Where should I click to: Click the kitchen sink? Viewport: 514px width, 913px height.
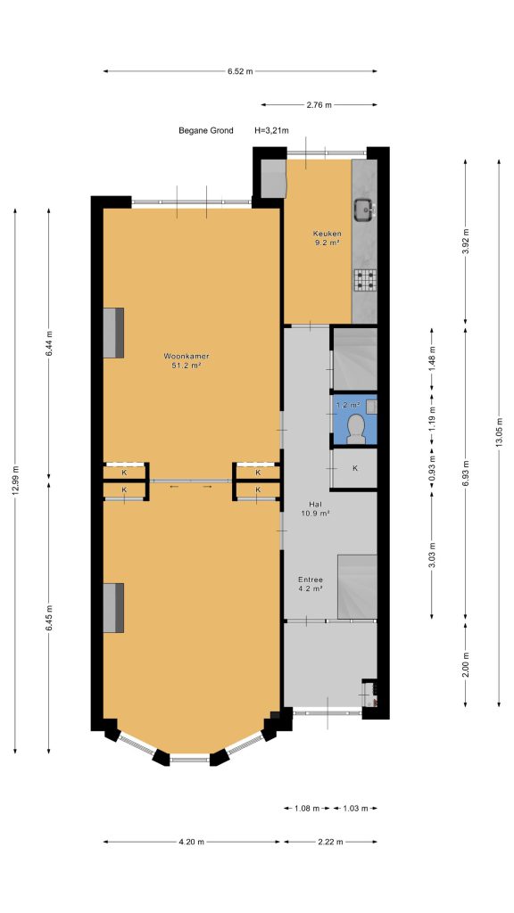365,210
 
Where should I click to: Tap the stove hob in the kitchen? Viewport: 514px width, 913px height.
365,281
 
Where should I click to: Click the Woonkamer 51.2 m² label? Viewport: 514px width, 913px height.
187,361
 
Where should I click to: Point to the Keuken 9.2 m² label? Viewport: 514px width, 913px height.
326,239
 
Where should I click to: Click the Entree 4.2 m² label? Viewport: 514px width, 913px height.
311,584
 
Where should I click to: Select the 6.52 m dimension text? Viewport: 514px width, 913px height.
240,71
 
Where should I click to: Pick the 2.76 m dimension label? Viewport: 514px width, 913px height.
319,105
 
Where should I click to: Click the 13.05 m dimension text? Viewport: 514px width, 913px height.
499,432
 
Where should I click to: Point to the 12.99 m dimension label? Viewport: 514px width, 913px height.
15,481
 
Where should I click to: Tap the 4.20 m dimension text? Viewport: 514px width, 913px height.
192,842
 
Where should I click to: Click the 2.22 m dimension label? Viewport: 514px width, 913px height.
330,842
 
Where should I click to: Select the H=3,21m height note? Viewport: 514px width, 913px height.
271,130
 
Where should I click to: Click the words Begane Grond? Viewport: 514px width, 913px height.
206,130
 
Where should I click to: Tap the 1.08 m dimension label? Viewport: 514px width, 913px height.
307,808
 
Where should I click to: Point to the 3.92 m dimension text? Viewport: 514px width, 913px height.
465,243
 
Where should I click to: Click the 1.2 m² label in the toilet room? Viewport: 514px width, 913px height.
347,404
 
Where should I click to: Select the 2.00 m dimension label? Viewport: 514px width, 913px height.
465,664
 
